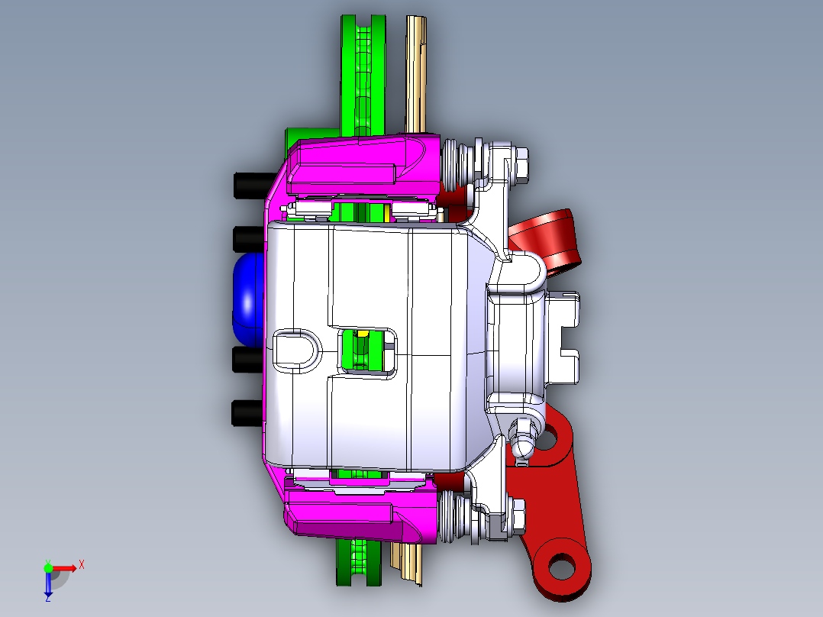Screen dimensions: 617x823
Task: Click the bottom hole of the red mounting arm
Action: [x=561, y=567]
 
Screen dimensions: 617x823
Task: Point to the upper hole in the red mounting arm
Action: [x=547, y=438]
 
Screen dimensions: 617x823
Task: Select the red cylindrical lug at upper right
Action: [x=551, y=239]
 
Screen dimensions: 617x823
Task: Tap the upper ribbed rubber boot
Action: [x=457, y=164]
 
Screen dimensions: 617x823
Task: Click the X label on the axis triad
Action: [x=81, y=564]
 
